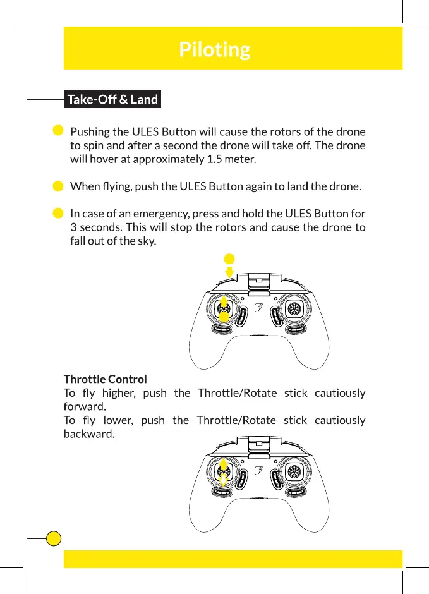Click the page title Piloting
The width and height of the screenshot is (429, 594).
pos(214,49)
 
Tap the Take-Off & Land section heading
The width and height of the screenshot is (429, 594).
pos(112,99)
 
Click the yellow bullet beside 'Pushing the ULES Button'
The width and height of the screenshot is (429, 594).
pos(57,131)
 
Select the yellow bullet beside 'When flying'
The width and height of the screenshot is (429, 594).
pos(57,186)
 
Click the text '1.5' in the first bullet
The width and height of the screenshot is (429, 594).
pos(215,159)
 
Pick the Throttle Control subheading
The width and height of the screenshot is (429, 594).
pos(106,379)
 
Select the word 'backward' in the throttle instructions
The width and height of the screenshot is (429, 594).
pos(89,434)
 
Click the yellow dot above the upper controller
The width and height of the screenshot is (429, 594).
pos(229,258)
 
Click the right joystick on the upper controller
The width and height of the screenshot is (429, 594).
pos(293,308)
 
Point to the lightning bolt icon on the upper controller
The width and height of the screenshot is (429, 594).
pos(259,309)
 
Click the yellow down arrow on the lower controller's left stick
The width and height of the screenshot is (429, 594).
pos(223,480)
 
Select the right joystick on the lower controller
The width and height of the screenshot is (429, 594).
pos(293,471)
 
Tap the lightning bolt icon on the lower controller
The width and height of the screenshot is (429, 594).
pos(259,471)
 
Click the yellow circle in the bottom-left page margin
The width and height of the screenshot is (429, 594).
pos(54,538)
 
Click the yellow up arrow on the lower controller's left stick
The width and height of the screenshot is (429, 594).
pos(223,464)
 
